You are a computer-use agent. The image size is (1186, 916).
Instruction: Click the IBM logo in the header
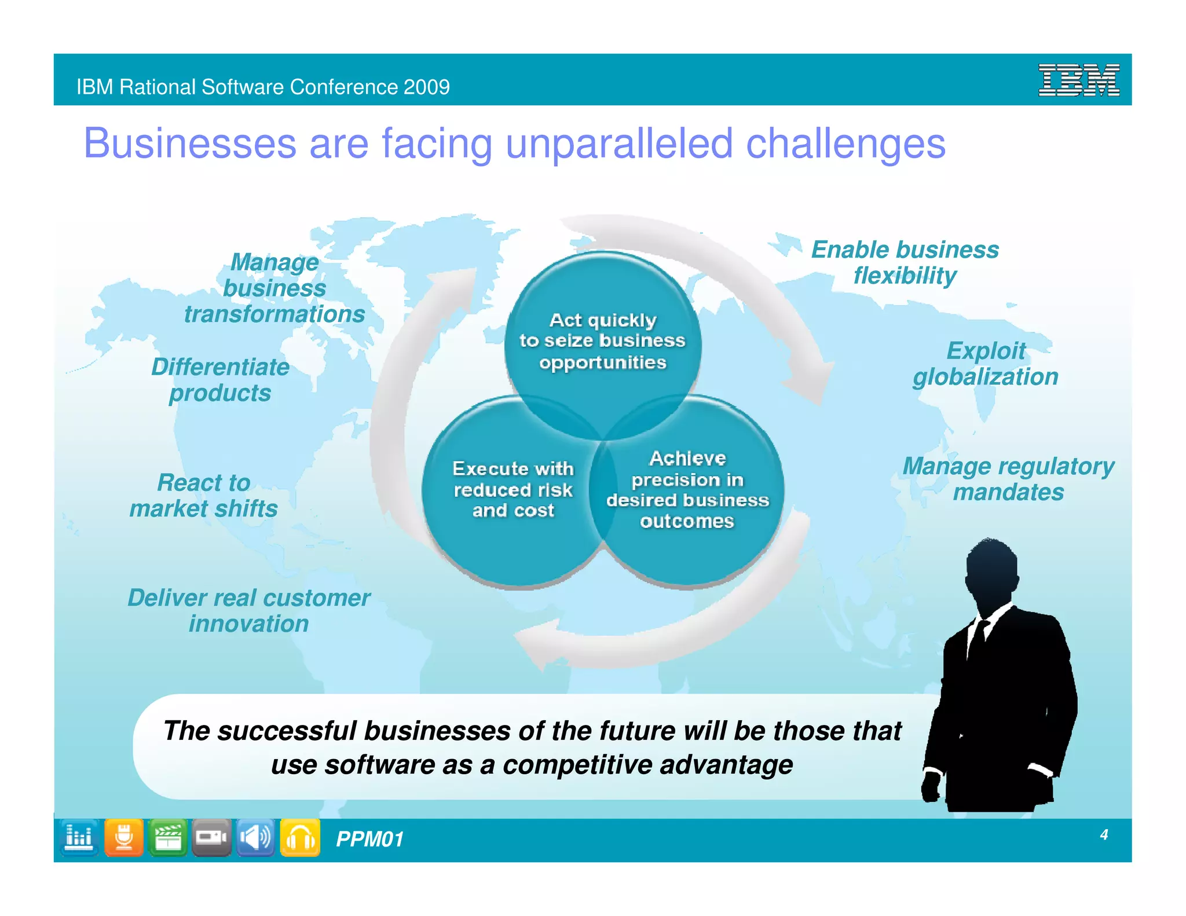pos(1078,80)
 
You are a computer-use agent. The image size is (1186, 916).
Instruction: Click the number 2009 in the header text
pos(426,87)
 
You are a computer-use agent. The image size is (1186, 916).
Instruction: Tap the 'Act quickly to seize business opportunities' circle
pos(602,341)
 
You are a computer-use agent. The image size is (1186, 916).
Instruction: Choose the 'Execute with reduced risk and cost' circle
pos(513,490)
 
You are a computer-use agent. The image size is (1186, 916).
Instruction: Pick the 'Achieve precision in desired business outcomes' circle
pos(687,490)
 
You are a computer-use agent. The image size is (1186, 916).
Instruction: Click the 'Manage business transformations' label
pos(274,288)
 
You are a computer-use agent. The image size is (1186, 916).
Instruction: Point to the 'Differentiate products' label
pos(220,380)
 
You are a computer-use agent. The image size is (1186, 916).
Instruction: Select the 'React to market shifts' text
pos(204,496)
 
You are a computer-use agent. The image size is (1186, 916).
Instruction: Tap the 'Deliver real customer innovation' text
pos(249,610)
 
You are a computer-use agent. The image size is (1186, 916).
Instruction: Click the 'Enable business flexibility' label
pos(905,262)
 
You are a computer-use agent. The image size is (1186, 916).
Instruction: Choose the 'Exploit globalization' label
pos(986,364)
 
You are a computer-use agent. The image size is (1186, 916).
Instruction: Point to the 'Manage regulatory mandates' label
pos(1008,479)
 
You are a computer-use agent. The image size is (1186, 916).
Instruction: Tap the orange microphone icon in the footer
pos(124,837)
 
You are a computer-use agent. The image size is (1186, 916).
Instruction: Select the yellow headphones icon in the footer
pos(300,837)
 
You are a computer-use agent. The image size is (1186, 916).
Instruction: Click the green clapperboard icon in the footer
pos(168,837)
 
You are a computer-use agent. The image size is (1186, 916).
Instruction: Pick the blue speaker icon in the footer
pos(255,837)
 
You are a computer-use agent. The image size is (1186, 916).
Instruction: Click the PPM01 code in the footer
pos(369,839)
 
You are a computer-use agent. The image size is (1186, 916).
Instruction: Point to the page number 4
pos(1104,834)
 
